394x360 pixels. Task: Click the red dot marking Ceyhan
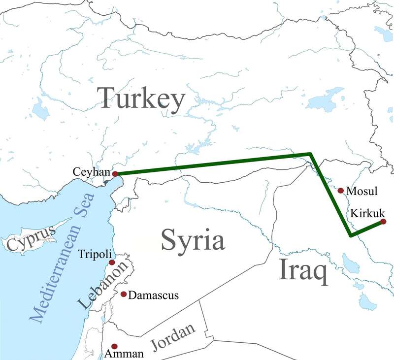click(115, 174)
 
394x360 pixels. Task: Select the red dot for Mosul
click(340, 190)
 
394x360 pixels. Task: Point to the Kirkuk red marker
click(383, 222)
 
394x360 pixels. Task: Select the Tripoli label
click(94, 254)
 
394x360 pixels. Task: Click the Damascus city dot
click(123, 294)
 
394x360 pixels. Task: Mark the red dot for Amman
click(115, 346)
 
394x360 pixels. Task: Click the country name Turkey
click(141, 98)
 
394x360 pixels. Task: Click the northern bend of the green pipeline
click(310, 155)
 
